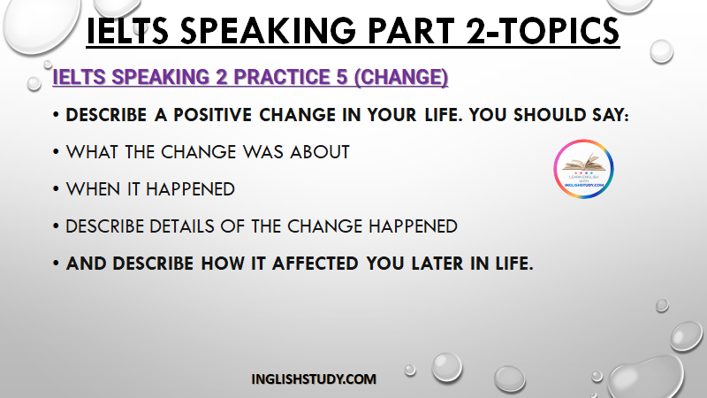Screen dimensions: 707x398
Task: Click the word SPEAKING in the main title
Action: [269, 31]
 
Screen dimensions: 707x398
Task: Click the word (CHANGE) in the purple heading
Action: [401, 78]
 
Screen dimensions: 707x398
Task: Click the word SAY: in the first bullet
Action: [611, 115]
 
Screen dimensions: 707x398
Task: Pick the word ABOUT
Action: [320, 152]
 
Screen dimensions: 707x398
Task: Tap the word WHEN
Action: [94, 189]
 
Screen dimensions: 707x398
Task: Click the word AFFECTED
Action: [315, 264]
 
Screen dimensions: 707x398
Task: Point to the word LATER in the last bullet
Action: [437, 264]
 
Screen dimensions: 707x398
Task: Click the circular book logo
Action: [583, 169]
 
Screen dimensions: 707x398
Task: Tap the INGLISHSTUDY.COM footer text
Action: [314, 379]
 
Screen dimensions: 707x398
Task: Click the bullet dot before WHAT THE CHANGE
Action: [56, 151]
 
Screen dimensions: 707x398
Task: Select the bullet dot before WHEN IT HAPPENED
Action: [56, 188]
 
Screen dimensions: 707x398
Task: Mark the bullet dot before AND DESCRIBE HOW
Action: [56, 263]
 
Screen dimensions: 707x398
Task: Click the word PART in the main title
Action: [411, 31]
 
